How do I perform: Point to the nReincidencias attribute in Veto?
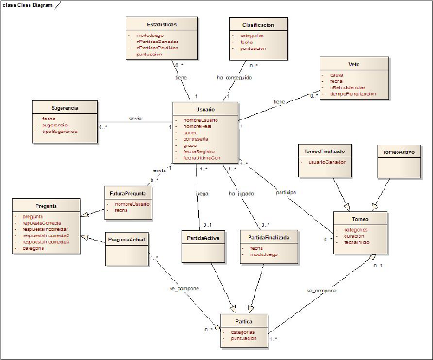pos(352,88)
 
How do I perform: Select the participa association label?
pos(287,191)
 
